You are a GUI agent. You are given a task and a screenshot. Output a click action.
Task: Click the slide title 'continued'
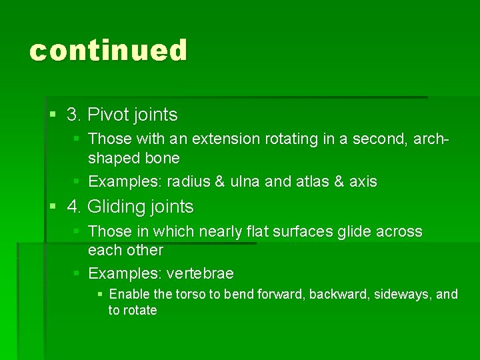[109, 51]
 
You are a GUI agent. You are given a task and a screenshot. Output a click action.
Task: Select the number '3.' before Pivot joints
[74, 115]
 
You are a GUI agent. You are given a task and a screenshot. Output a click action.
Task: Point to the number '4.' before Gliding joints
[74, 207]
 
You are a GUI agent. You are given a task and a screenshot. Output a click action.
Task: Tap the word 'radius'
[187, 181]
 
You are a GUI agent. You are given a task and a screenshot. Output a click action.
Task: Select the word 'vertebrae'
[200, 274]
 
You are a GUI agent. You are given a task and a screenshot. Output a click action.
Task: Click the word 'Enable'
[129, 294]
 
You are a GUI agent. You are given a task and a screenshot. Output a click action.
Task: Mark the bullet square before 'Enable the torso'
[100, 294]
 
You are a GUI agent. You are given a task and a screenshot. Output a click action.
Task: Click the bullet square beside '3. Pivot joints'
[54, 115]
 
